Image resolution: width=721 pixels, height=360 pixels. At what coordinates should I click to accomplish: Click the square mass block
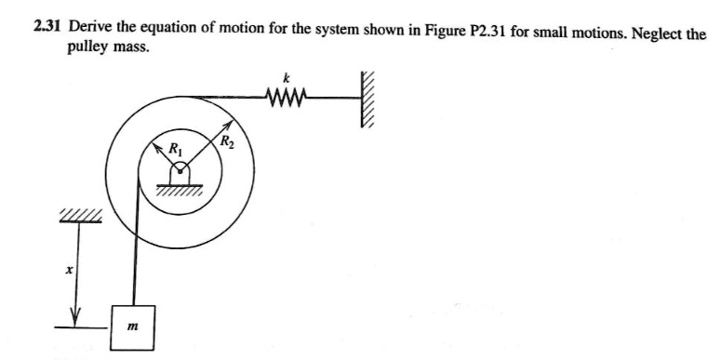coord(136,325)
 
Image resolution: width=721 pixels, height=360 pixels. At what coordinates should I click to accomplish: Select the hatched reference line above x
coord(79,218)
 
